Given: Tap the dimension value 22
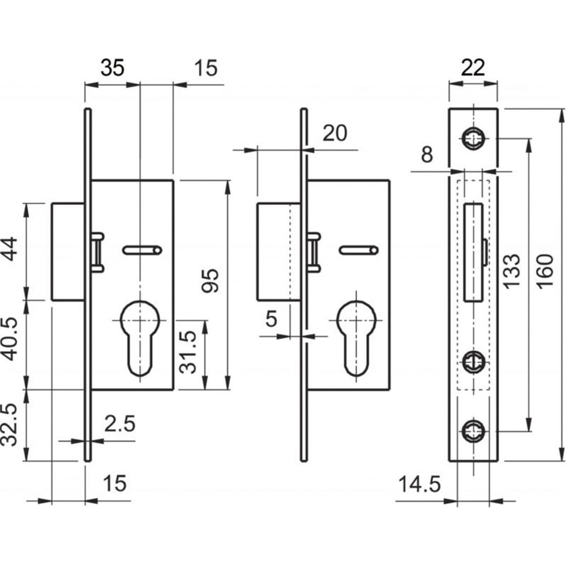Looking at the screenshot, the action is [473, 67].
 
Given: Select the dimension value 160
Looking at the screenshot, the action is [545, 271].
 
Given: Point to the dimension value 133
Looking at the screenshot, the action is [512, 271].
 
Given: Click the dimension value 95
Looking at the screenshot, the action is [210, 281].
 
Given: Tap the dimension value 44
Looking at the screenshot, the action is [10, 248].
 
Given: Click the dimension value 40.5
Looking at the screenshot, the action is [10, 340].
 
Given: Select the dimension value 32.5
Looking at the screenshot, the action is [10, 425].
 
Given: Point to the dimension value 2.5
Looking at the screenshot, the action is [120, 423].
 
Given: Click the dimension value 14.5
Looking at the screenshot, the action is [419, 484].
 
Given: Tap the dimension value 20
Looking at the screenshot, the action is [335, 133].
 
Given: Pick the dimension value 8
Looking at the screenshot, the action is [427, 155].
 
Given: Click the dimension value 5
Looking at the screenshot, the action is [271, 319].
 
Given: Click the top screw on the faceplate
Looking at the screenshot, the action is [474, 138].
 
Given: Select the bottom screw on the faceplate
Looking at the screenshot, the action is [474, 431].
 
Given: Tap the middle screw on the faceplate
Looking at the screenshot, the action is [474, 361].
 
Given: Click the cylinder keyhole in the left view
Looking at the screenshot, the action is [140, 338].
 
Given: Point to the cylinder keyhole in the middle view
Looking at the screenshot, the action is [357, 338].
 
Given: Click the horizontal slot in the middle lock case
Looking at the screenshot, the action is [359, 250].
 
